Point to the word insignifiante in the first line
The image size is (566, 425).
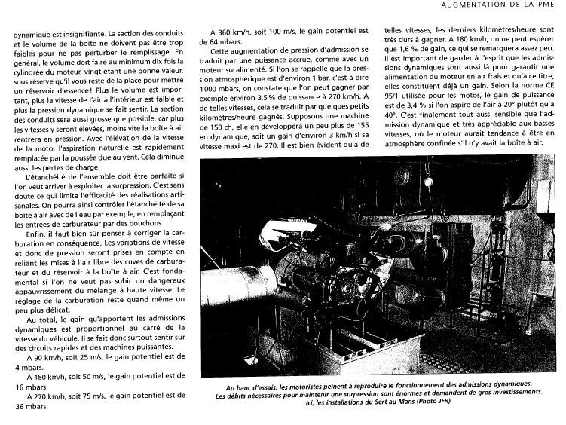[x=75, y=34]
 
